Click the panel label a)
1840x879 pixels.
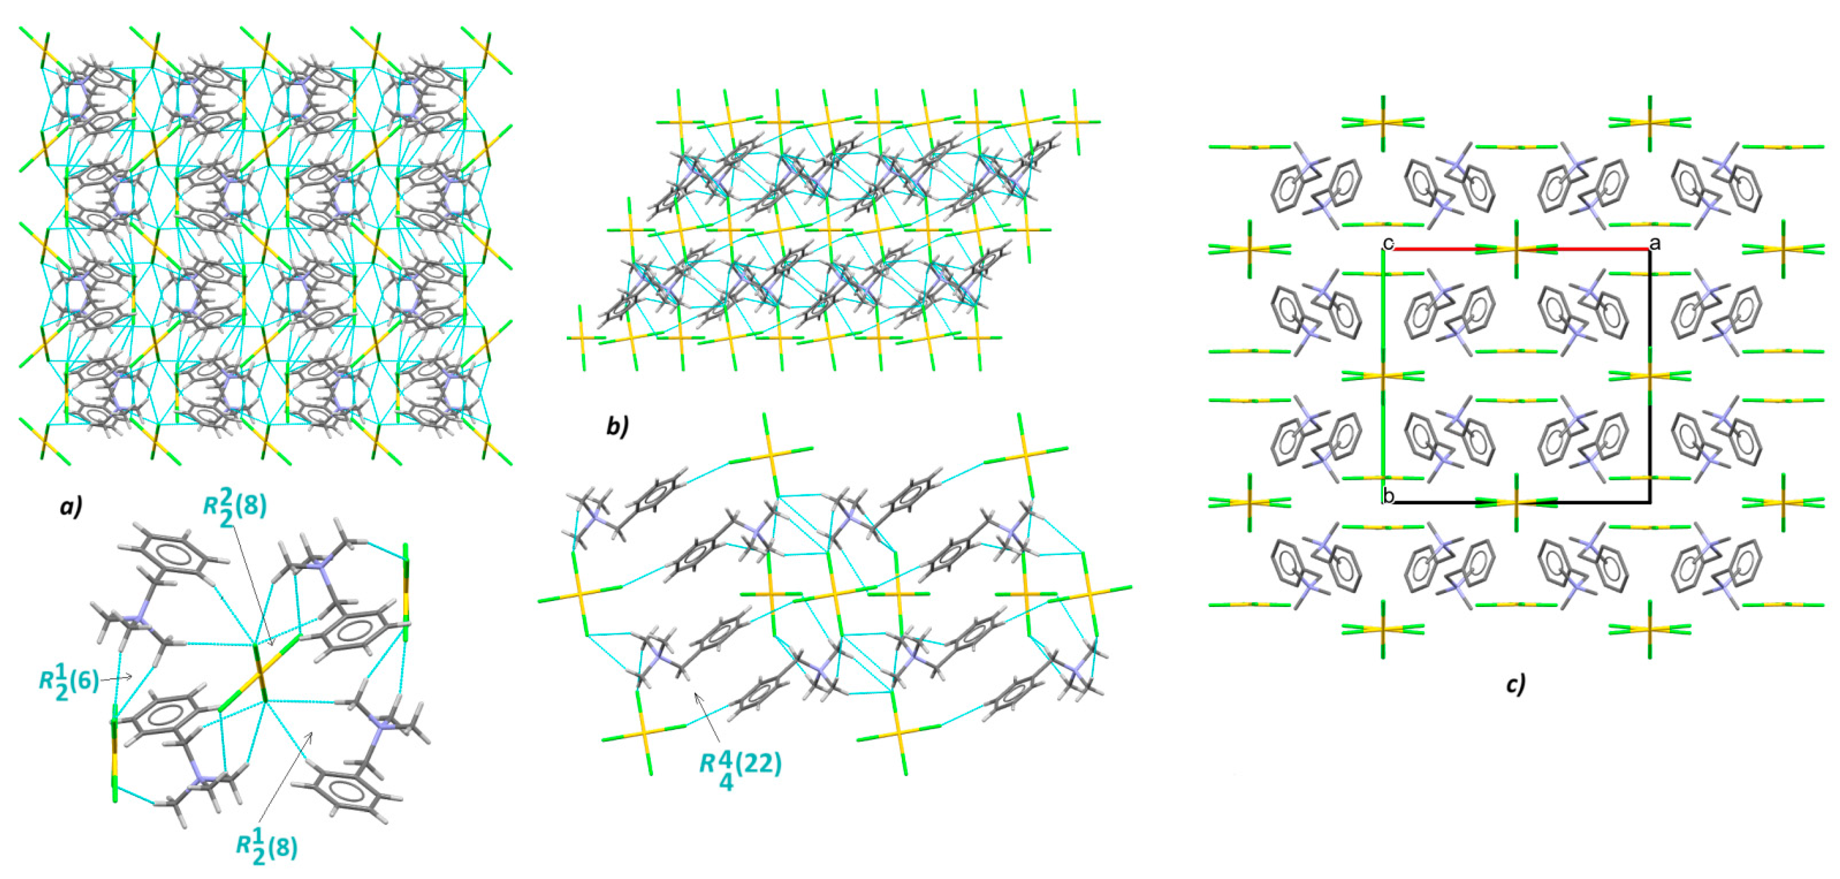click(71, 507)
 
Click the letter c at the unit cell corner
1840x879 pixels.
click(1388, 244)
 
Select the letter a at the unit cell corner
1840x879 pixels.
click(1655, 244)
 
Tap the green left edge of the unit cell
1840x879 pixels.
click(1384, 321)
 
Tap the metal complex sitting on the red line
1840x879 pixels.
click(1516, 249)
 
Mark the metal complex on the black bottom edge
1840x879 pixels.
click(1516, 502)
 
